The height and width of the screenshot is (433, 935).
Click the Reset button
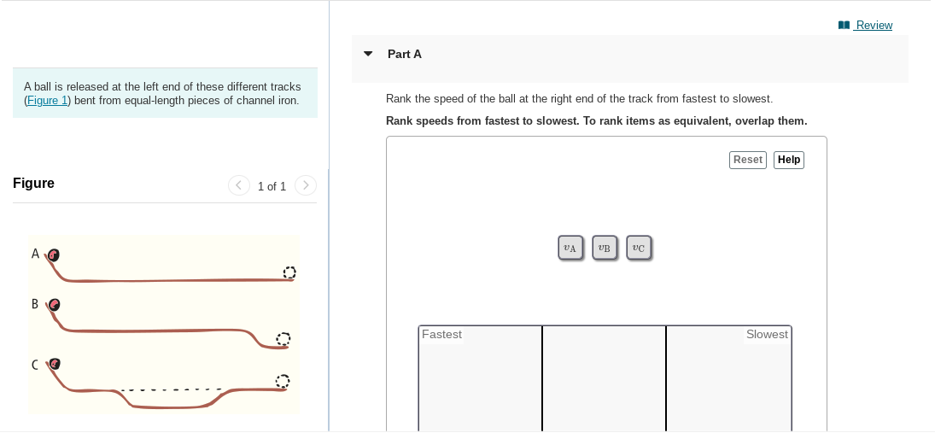pyautogui.click(x=747, y=160)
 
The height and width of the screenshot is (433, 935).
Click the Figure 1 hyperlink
pyautogui.click(x=46, y=100)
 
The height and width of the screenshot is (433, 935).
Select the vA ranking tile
pyautogui.click(x=570, y=248)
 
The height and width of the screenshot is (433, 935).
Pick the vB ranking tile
pyautogui.click(x=605, y=248)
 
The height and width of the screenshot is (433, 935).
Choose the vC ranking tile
pyautogui.click(x=639, y=248)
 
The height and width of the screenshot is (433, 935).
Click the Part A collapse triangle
pyautogui.click(x=368, y=54)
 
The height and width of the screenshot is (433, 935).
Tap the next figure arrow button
pyautogui.click(x=305, y=185)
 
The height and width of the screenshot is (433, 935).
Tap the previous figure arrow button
pyautogui.click(x=239, y=185)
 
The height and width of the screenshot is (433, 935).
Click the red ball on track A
pyautogui.click(x=54, y=255)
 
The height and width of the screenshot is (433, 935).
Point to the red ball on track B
pyautogui.click(x=55, y=304)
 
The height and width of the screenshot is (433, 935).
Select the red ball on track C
pyautogui.click(x=55, y=364)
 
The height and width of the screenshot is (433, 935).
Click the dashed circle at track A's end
pyautogui.click(x=289, y=272)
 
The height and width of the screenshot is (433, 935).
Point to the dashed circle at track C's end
pyautogui.click(x=283, y=380)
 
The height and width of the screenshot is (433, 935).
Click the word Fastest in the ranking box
pyautogui.click(x=441, y=335)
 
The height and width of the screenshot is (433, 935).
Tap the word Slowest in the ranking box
pyautogui.click(x=766, y=335)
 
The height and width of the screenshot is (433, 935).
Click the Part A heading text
pyautogui.click(x=404, y=54)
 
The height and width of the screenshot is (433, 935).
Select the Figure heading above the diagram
pyautogui.click(x=33, y=183)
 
